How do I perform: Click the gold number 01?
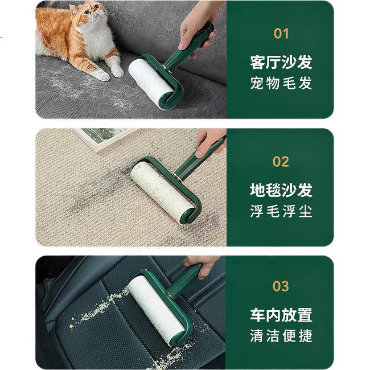tap(281, 34)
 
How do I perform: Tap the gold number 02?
tap(281, 162)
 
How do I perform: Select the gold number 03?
tap(281, 286)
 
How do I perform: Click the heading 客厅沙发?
tap(281, 62)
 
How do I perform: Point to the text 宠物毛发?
tap(281, 83)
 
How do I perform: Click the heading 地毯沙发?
tap(281, 190)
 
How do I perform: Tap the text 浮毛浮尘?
tap(281, 211)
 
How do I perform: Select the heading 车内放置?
tap(281, 315)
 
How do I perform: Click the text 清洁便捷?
tap(281, 335)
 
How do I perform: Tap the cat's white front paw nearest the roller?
tap(117, 71)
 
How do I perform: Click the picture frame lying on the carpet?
tap(104, 139)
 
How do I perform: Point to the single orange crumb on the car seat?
tap(71, 326)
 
